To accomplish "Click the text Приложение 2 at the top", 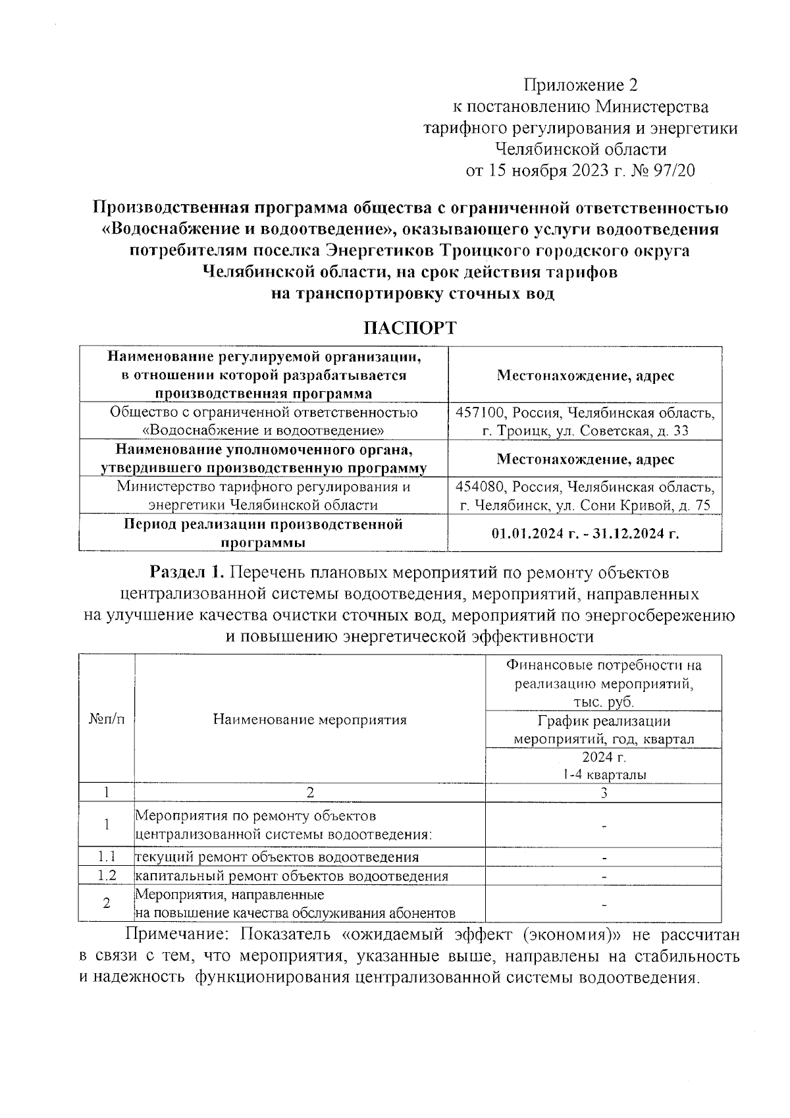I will click(581, 85).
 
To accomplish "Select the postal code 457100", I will click(480, 413).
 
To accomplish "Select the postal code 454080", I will click(480, 487).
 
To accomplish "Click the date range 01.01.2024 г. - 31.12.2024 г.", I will click(585, 533).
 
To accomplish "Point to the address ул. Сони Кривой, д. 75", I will click(641, 506).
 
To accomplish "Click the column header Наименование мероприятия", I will click(309, 719).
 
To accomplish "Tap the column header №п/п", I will click(106, 719).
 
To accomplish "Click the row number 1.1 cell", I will click(106, 857).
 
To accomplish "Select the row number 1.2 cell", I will click(106, 876).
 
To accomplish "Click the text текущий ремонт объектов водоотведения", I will click(277, 857).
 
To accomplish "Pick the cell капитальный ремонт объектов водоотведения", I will click(292, 876).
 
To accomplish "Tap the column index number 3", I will click(604, 793).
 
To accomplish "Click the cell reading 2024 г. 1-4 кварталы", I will click(604, 765).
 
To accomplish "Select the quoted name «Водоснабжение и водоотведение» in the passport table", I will click(264, 431).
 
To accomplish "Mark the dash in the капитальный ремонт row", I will click(604, 876).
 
